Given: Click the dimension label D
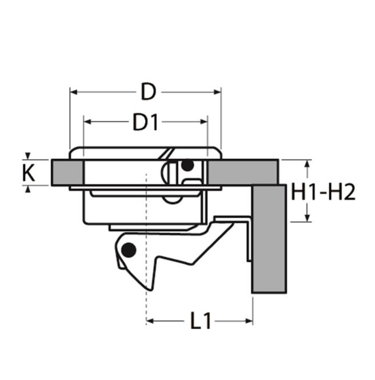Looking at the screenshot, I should coord(148,91).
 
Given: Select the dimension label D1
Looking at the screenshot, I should coord(145,122).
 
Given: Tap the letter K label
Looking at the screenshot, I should coord(28,173).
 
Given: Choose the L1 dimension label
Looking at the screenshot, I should coord(201,322).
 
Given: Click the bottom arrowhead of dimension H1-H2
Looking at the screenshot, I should coord(308,218).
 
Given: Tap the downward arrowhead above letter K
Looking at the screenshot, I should coord(28,156).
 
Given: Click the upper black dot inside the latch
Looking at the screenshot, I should coord(187,166).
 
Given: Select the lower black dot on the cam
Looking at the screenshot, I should coord(129,250).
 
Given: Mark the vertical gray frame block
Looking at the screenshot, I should coord(269,239).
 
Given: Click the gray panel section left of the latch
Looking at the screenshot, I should coord(67,172).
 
